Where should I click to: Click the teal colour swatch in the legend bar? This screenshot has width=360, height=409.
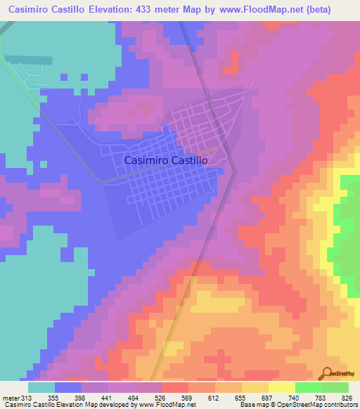[41, 387]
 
